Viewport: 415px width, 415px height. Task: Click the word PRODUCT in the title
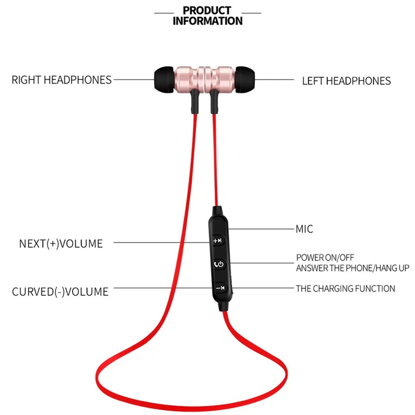pos(207,10)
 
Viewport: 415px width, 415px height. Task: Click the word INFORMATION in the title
pos(207,21)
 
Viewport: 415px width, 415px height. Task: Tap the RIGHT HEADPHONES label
pos(62,80)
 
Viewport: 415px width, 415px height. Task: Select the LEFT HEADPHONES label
pos(347,81)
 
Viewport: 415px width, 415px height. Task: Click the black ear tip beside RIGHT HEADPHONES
pos(164,80)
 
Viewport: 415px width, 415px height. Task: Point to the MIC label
pos(305,229)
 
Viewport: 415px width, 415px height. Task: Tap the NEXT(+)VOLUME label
pos(61,243)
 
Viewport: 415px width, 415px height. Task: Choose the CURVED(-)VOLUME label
pos(60,292)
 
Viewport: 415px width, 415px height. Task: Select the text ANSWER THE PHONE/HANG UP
pos(353,268)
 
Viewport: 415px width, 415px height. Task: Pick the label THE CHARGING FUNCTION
pos(345,288)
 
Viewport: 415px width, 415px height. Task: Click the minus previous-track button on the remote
pos(219,288)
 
